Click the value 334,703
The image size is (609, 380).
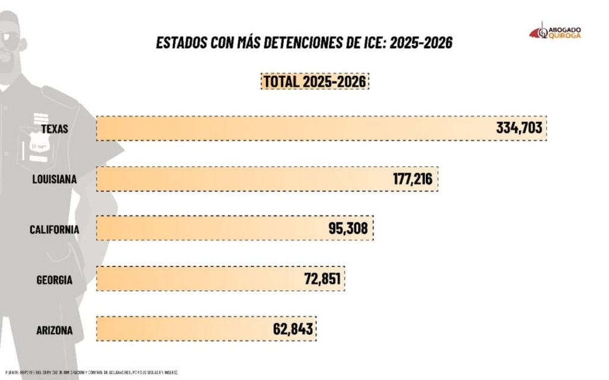point(519,128)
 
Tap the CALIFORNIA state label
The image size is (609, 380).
point(54,228)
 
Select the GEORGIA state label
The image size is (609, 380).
point(54,279)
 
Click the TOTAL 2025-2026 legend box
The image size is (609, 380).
point(315,81)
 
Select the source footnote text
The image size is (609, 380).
point(92,373)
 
